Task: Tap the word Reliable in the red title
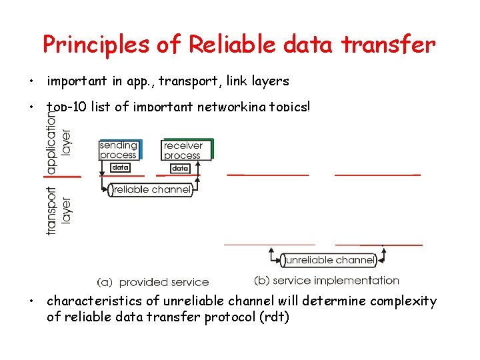pos(231,45)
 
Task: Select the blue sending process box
pos(119,150)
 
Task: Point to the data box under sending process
pos(120,168)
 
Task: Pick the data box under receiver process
pos(180,169)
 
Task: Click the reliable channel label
pos(152,190)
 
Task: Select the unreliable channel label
pos(328,260)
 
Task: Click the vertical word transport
pos(51,209)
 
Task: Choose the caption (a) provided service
pos(153,282)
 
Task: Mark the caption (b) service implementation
pos(327,281)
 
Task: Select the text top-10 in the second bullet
pos(65,107)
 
